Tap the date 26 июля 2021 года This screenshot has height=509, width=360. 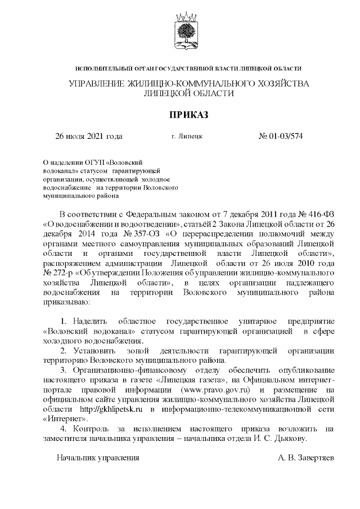click(88, 136)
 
